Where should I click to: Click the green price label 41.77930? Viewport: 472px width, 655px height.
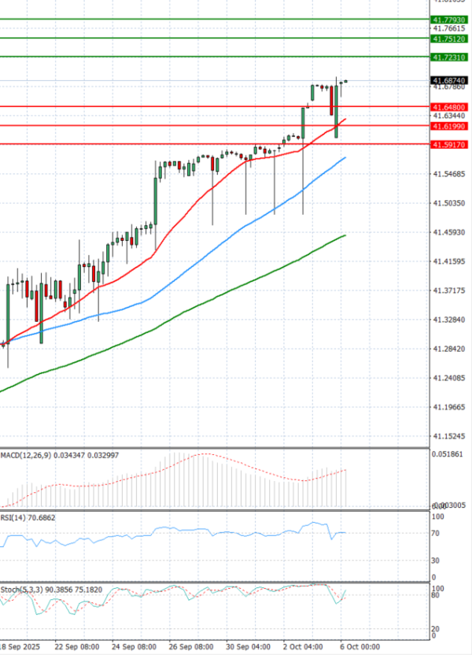[x=449, y=19]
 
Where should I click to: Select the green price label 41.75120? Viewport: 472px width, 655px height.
[x=449, y=38]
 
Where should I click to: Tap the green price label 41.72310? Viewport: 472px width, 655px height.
[x=449, y=57]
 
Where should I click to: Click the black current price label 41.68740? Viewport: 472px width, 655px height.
[x=449, y=80]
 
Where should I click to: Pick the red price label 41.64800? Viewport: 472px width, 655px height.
[x=449, y=106]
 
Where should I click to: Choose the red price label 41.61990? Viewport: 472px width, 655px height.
[x=449, y=125]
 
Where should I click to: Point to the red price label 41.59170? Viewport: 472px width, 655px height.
[x=449, y=144]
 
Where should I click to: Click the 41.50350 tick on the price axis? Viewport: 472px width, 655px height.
[x=448, y=203]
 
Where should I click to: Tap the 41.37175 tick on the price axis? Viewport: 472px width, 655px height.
[x=448, y=290]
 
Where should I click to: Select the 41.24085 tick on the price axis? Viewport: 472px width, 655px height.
[x=448, y=378]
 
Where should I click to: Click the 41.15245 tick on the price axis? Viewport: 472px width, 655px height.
[x=448, y=436]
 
